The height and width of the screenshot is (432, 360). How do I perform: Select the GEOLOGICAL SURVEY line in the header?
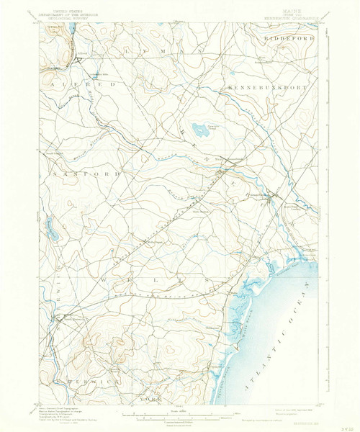pyautogui.click(x=60, y=17)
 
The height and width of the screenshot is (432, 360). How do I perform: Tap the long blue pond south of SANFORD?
pyautogui.click(x=51, y=231)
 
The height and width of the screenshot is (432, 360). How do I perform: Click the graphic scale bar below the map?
pyautogui.click(x=171, y=415)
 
